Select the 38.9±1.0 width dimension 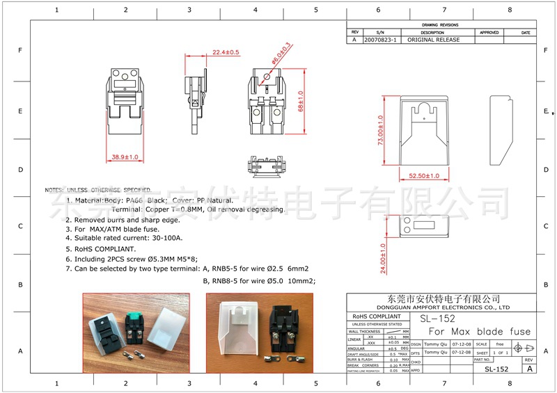(125, 158)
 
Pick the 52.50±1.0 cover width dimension (425, 176)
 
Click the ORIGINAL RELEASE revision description (433, 40)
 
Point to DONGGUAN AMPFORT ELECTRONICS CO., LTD (444, 307)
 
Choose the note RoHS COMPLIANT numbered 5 (106, 248)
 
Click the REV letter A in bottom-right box (530, 369)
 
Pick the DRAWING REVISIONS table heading (440, 24)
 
